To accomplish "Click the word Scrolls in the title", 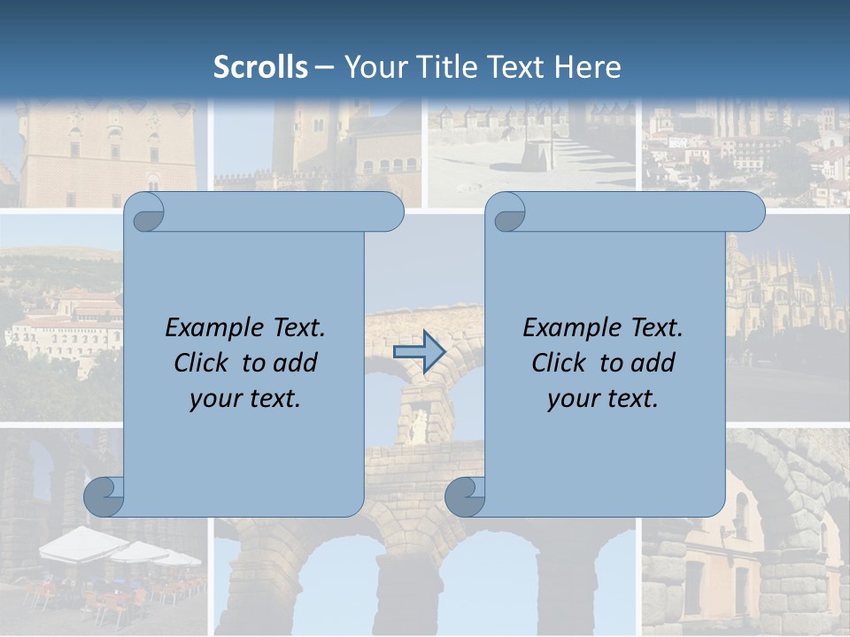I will coord(260,67).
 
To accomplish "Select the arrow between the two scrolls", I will coord(419,352).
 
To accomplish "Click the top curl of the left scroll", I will coord(146,212).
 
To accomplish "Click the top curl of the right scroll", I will coord(508,212).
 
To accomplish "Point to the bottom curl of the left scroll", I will coord(104,496).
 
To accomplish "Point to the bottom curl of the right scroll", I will coord(465,496).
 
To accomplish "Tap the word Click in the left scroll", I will coord(200,363).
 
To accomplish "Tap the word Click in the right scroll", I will coord(558,363).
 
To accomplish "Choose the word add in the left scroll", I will coord(297,363).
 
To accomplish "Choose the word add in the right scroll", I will coord(654,363).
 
